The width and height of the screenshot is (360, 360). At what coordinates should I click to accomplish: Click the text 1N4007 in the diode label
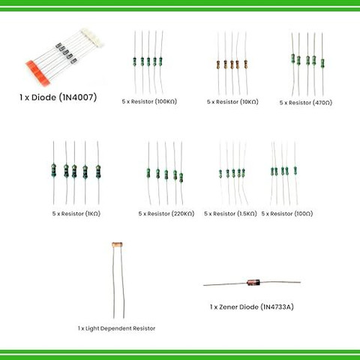click(79, 97)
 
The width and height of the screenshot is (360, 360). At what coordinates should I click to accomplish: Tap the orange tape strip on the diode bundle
click(37, 72)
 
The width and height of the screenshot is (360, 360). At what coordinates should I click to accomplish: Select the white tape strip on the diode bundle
click(91, 37)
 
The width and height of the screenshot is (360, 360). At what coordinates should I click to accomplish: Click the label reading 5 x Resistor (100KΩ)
click(149, 101)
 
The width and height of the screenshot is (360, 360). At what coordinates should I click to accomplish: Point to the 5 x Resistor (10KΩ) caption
click(232, 102)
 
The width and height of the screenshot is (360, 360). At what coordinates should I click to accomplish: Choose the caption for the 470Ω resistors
click(306, 103)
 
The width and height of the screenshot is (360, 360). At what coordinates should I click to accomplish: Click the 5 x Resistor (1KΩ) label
click(76, 214)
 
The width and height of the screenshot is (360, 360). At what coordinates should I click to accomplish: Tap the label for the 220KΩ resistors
click(166, 214)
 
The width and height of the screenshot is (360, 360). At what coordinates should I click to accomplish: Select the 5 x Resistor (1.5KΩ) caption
click(230, 214)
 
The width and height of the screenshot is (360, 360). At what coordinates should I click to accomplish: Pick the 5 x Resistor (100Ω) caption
click(287, 214)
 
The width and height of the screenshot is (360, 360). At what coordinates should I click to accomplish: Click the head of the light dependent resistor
click(117, 244)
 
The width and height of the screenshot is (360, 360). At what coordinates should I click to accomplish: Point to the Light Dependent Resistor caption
click(116, 328)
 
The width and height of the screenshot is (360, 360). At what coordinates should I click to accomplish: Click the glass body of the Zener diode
click(253, 283)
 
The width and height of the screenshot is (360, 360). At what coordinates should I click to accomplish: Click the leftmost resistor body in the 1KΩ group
click(53, 170)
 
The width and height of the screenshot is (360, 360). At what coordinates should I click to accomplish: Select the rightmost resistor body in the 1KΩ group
click(98, 172)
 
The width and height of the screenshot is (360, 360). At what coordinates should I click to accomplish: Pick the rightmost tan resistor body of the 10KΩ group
click(246, 64)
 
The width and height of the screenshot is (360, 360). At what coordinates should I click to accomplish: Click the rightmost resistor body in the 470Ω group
click(322, 63)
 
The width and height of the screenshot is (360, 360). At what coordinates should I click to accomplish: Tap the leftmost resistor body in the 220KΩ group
click(148, 173)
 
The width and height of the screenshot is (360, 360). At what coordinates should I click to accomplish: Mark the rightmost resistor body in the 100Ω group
click(295, 170)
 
